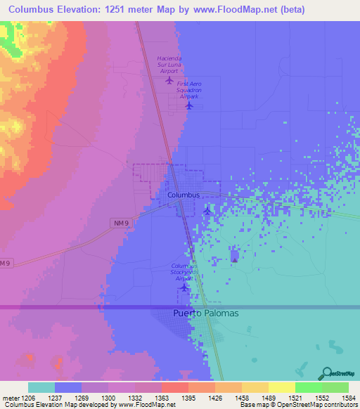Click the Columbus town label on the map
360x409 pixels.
(184, 195)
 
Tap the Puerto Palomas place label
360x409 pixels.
(205, 313)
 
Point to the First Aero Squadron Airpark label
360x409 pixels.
(189, 89)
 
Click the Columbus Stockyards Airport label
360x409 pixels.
(185, 272)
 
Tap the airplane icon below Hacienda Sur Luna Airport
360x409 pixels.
(169, 79)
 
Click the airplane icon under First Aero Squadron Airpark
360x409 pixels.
(189, 105)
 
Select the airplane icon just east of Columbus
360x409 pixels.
(207, 210)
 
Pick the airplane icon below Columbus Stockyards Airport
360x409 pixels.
(184, 287)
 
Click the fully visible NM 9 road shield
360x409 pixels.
(120, 223)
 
